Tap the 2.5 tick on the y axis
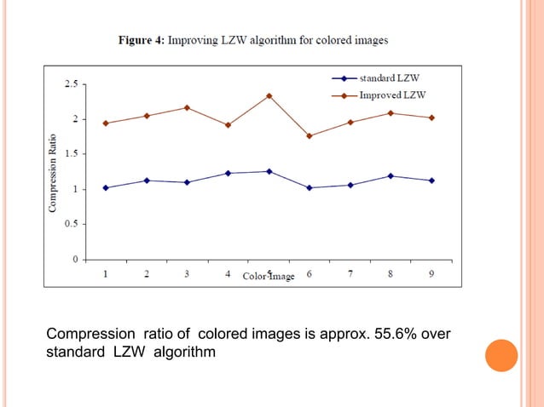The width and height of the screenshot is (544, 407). tap(70, 84)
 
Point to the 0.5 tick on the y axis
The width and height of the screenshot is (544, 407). tap(70, 224)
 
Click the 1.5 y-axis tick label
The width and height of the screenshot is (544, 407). tap(70, 154)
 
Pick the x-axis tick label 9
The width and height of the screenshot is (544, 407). tap(431, 274)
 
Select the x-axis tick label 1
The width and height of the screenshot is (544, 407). tap(106, 274)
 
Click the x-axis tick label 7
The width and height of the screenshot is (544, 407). tap(350, 274)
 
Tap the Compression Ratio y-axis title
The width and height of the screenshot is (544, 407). tap(53, 173)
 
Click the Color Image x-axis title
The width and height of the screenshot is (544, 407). tap(269, 276)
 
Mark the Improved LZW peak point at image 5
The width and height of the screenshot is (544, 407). tap(269, 95)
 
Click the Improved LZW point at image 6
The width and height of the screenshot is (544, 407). tap(310, 136)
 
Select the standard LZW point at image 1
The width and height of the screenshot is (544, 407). tap(106, 187)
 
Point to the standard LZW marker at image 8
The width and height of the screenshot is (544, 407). tap(391, 175)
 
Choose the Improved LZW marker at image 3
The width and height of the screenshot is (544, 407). tap(187, 107)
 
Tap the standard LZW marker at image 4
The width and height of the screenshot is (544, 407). tap(228, 173)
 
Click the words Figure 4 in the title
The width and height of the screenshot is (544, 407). tap(141, 39)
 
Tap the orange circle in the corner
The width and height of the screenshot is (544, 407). tap(501, 355)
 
